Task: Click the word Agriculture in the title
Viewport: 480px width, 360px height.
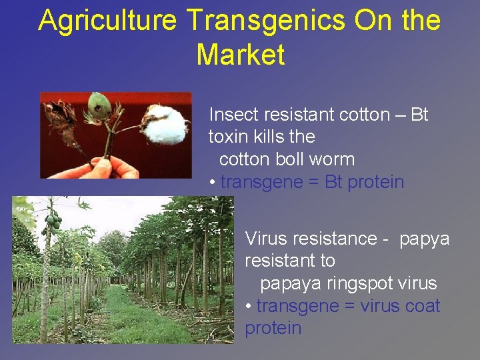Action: point(107,21)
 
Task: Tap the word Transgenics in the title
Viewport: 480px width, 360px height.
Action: point(266,21)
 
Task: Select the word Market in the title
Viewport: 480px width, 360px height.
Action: point(241,55)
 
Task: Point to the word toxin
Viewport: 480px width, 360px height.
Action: point(227,137)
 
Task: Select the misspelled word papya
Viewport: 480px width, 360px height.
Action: point(425,239)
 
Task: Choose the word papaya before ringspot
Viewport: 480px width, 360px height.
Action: point(291,283)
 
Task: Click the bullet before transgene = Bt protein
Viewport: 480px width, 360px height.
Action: point(212,182)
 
